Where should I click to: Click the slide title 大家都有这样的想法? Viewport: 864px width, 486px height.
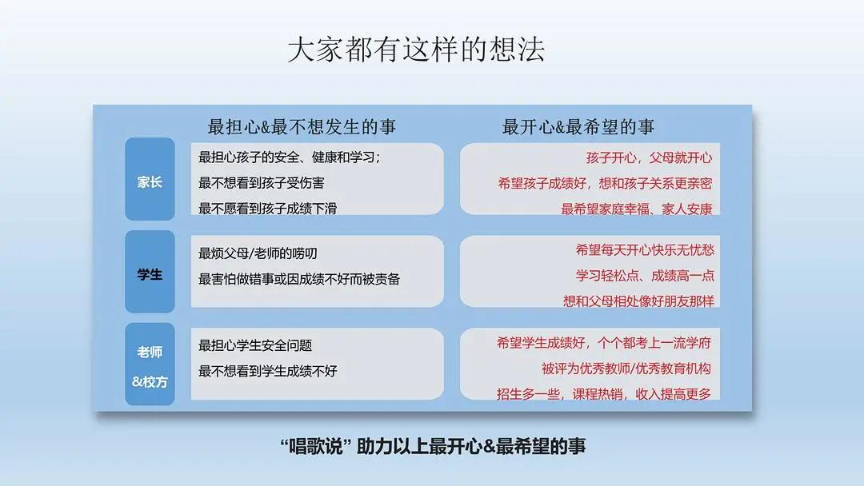416,50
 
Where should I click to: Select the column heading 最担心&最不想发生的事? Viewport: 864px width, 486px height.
302,126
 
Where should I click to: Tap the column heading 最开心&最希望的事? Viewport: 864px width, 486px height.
578,126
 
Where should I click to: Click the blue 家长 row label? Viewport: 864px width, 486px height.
150,181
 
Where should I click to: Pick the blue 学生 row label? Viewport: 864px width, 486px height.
150,274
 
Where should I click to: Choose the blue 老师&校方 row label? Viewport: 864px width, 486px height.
150,366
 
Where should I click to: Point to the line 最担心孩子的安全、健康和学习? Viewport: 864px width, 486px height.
290,157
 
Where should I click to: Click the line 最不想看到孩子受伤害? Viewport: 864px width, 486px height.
262,183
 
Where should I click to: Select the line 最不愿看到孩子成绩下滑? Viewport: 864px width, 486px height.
268,209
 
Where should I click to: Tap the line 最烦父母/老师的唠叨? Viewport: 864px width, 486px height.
258,253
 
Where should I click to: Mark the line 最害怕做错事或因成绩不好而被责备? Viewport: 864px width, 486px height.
299,279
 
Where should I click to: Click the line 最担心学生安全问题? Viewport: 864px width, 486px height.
255,345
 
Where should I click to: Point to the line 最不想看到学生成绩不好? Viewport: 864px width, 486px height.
268,371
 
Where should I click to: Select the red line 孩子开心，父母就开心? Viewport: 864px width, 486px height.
649,157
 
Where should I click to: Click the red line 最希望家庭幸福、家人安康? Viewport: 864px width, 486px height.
637,209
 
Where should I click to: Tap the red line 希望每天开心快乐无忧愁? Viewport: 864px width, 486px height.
645,249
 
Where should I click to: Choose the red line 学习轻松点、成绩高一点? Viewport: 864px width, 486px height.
645,275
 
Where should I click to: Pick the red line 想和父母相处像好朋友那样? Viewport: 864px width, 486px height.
638,301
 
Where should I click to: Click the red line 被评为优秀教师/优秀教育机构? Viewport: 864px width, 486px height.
626,368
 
